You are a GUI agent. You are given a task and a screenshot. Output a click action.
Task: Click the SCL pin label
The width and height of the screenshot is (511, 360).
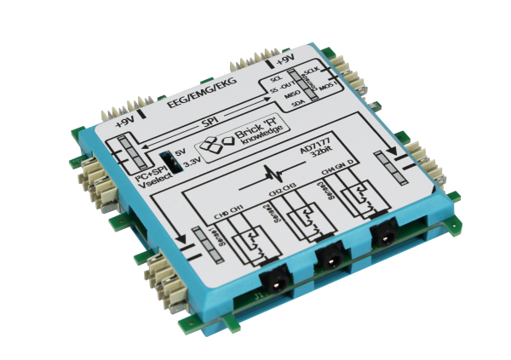pos(276,78)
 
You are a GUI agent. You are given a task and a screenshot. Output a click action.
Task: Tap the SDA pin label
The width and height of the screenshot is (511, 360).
pos(298,105)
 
